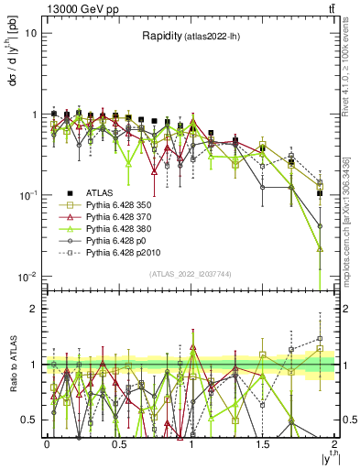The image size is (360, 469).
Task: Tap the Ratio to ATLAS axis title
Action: (x=13, y=365)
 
